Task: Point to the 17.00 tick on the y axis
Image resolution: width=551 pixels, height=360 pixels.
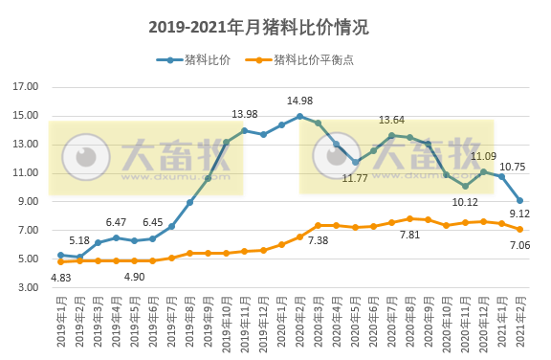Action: (26, 87)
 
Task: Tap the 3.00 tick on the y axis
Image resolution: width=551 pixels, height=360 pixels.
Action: (26, 287)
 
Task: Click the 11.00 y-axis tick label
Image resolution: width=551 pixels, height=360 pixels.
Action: (26, 173)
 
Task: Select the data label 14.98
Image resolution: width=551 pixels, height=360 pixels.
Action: (299, 101)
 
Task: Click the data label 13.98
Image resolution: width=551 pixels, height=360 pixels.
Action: (244, 115)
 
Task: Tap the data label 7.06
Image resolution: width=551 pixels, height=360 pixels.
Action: (519, 245)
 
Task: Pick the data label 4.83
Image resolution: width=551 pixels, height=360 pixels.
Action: (60, 278)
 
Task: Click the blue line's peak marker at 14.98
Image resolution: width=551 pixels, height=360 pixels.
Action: (299, 116)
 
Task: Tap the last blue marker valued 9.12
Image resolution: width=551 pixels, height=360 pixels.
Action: (519, 200)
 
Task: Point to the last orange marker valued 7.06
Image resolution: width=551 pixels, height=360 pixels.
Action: (519, 230)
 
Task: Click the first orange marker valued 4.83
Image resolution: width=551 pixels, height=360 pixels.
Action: (60, 261)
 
